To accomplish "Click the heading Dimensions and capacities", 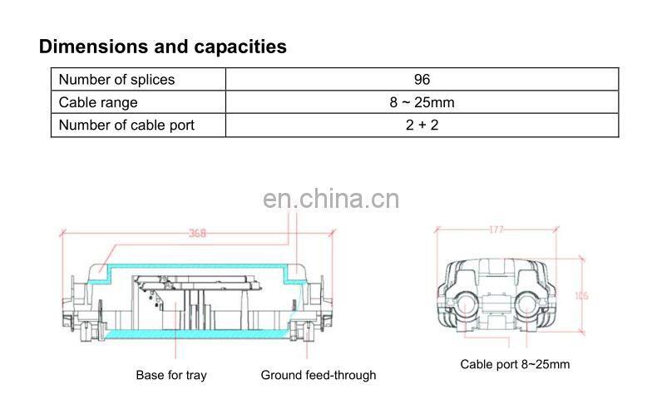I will [x=163, y=47].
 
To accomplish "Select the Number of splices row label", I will [x=116, y=80].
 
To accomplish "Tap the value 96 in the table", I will [x=422, y=80].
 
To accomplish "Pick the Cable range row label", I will [x=98, y=103].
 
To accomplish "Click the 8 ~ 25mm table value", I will [x=422, y=103].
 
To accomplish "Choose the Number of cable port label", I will [x=126, y=126].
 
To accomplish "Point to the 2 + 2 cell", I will [x=422, y=126].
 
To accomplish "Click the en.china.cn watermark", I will [x=331, y=199].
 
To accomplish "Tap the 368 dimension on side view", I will [x=196, y=234].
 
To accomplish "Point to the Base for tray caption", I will [x=171, y=375].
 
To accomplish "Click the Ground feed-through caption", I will [x=319, y=375].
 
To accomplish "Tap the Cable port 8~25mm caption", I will [x=515, y=364].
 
